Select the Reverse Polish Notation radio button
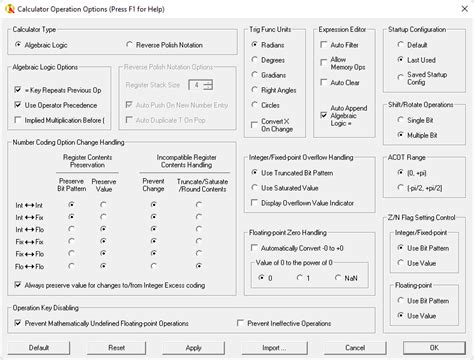[x=130, y=45]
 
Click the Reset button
[x=117, y=348]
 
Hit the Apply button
[x=194, y=348]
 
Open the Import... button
[x=271, y=348]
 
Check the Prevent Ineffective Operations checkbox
[x=240, y=322]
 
